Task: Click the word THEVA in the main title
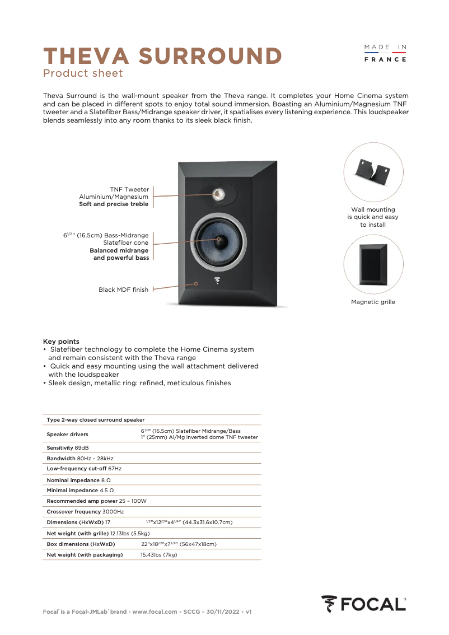click(87, 56)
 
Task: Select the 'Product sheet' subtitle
click(83, 73)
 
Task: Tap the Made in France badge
click(385, 53)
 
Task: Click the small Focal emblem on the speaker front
click(217, 282)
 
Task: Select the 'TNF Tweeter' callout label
click(129, 189)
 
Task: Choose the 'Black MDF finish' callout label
click(123, 290)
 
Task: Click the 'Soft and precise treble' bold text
click(114, 204)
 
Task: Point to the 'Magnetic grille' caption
click(373, 302)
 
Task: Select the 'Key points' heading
click(61, 341)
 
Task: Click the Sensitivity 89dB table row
click(68, 448)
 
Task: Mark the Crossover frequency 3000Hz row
click(85, 512)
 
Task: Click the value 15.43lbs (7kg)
click(158, 554)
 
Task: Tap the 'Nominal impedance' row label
click(73, 480)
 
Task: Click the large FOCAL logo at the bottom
click(363, 604)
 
